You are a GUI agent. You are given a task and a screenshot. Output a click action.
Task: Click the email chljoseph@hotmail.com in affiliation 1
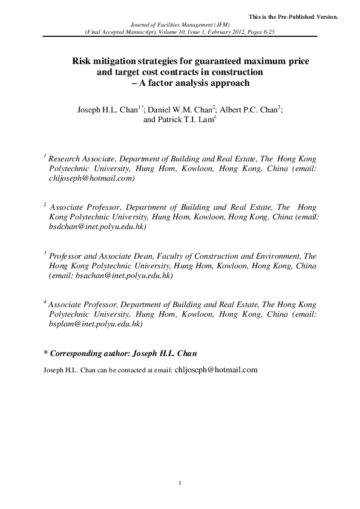[x=91, y=179]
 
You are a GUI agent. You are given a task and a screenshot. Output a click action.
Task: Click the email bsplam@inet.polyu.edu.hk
[x=95, y=324]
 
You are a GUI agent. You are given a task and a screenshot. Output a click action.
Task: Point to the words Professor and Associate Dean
[x=94, y=256]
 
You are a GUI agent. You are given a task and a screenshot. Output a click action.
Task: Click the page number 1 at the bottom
[x=180, y=481]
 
